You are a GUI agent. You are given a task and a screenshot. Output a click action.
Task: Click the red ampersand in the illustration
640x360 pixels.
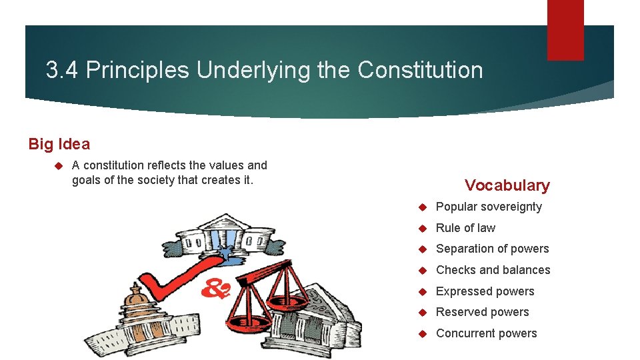click(x=217, y=287)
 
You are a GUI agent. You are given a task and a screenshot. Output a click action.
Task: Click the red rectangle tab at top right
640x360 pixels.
click(x=565, y=29)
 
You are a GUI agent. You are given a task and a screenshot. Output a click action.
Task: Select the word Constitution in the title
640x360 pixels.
click(x=420, y=70)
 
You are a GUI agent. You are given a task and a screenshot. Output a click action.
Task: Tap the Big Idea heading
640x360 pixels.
click(x=59, y=143)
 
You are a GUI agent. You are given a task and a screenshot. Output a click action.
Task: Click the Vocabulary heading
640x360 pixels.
click(x=507, y=185)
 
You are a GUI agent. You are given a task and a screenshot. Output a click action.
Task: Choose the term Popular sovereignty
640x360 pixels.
click(x=489, y=207)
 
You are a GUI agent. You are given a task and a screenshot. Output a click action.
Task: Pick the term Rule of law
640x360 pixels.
click(x=465, y=228)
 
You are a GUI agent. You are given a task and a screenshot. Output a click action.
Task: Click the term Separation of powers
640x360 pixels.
click(x=492, y=249)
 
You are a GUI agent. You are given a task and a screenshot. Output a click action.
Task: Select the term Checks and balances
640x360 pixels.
click(x=493, y=270)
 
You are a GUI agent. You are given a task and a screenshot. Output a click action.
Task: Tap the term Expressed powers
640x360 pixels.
click(x=485, y=291)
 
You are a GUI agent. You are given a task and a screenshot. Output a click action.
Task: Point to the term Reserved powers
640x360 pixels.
click(x=482, y=312)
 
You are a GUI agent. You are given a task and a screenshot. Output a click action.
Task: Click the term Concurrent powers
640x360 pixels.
click(x=486, y=333)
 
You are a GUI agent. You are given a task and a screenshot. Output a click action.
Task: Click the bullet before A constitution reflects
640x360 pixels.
click(x=58, y=165)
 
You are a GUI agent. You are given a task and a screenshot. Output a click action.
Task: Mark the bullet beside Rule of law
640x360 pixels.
click(x=422, y=228)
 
